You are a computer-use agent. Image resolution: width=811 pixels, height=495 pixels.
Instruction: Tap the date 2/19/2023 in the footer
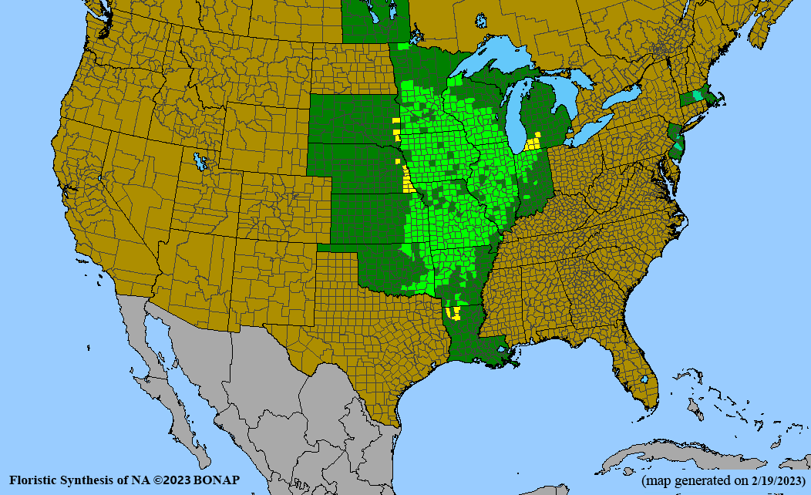click(771, 480)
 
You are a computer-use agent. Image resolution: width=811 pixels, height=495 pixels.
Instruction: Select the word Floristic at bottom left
click(35, 480)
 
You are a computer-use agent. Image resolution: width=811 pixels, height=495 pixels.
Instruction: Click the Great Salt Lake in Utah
click(202, 161)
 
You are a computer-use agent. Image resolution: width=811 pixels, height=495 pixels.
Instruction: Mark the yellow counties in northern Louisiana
click(454, 312)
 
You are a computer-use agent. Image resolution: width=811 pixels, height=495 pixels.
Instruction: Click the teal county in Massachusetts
click(697, 95)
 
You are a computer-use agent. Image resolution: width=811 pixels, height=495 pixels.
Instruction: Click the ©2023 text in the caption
click(174, 480)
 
